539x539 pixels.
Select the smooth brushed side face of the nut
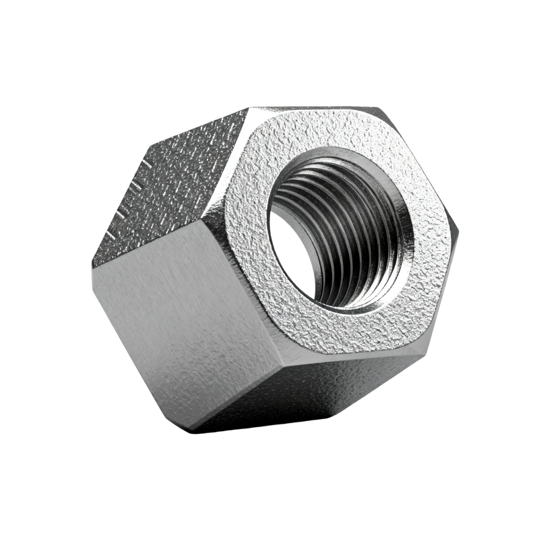[182, 323]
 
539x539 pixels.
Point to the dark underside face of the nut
[323, 398]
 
